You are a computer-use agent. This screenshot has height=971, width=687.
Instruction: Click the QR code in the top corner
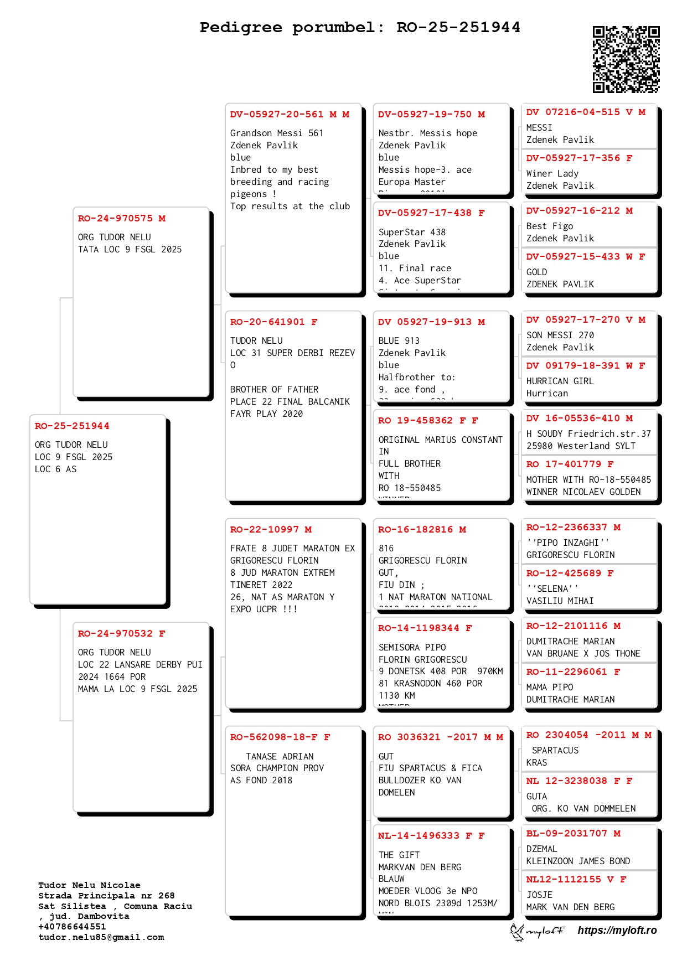626,59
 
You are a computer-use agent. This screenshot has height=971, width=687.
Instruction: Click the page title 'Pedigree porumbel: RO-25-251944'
360,27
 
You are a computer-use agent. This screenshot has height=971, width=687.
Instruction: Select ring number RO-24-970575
115,219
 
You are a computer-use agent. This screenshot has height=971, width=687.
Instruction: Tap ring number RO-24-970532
115,634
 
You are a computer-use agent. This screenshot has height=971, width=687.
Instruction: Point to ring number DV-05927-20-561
277,115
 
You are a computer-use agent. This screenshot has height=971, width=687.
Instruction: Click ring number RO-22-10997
264,530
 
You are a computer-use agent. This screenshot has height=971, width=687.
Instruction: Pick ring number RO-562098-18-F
274,737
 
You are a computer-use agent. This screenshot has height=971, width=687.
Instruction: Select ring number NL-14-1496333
419,836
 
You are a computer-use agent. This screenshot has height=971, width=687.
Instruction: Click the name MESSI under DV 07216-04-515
539,128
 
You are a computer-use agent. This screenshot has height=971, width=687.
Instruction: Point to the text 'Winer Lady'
552,174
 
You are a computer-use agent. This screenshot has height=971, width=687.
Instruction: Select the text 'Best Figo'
550,226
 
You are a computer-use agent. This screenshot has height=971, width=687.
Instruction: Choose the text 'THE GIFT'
399,855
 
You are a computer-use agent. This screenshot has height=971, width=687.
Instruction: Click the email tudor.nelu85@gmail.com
101,937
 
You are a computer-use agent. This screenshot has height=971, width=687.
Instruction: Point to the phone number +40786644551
72,927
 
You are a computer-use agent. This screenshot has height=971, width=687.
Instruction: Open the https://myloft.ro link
617,931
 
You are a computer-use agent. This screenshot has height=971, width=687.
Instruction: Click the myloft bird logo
518,931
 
